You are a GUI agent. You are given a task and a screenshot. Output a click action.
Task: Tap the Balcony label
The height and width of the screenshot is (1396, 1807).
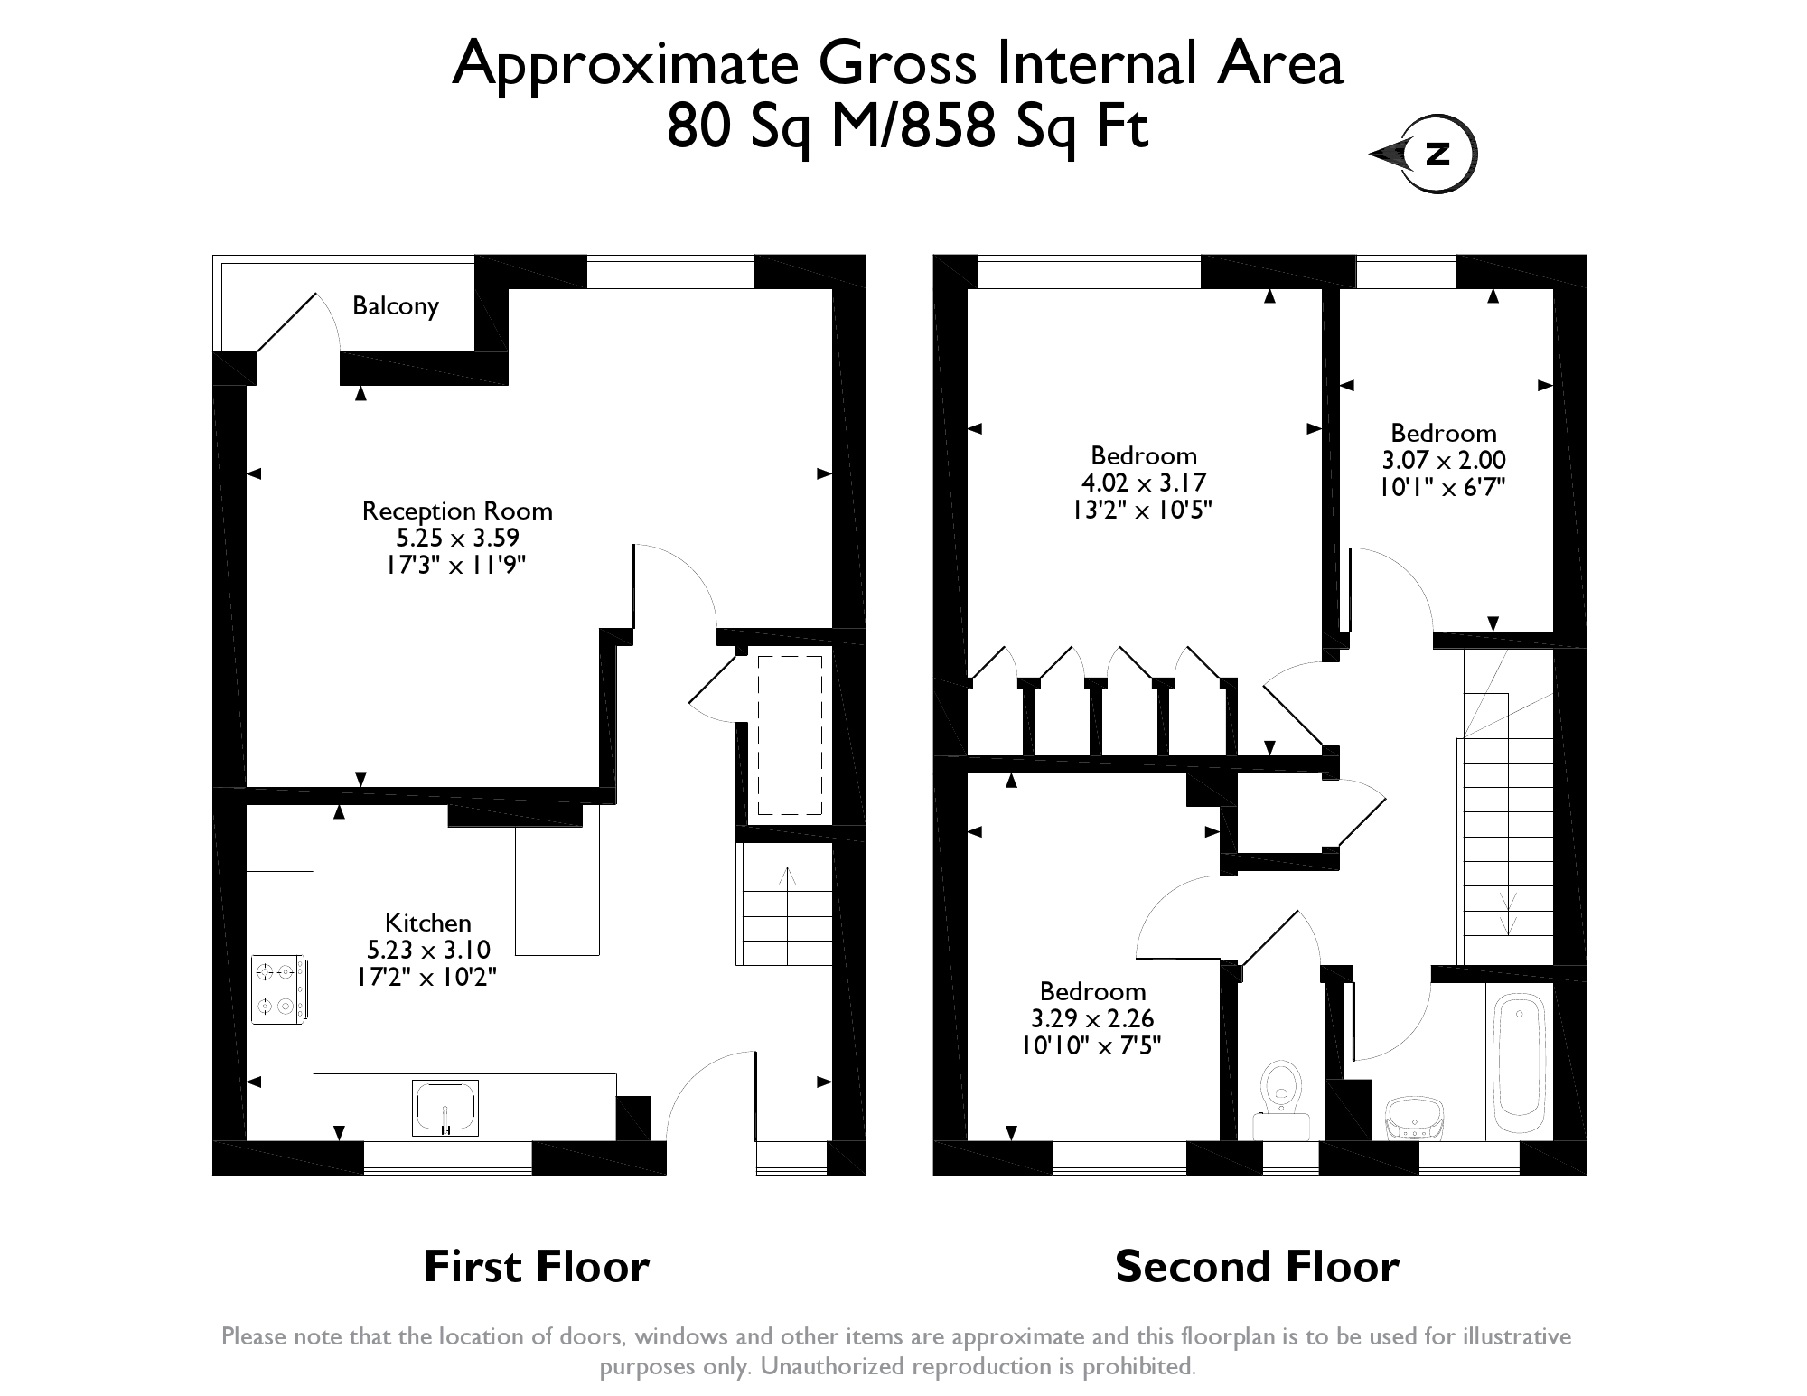(x=395, y=305)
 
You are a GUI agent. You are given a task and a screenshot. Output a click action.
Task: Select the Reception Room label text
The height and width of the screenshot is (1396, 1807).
(x=456, y=511)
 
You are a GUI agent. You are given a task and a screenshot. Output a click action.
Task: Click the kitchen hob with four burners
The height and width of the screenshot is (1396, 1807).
(x=277, y=989)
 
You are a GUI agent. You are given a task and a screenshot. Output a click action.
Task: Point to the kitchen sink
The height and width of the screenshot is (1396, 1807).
(x=445, y=1107)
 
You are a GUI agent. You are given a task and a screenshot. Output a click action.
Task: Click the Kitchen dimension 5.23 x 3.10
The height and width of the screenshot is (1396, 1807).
(x=428, y=950)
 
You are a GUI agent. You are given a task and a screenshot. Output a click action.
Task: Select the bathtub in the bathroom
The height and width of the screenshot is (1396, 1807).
(x=1520, y=1063)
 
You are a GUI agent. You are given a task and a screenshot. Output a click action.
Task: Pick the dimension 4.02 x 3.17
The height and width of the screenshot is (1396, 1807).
(x=1143, y=483)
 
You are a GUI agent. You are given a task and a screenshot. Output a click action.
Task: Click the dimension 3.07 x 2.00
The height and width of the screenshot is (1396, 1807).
(x=1443, y=460)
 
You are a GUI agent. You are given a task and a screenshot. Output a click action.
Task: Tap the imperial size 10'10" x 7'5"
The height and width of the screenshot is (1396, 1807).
(x=1091, y=1045)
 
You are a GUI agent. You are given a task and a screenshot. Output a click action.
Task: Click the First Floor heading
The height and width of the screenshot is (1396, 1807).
(x=536, y=1266)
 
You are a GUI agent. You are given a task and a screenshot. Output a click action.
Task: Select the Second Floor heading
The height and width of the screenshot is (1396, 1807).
(x=1256, y=1266)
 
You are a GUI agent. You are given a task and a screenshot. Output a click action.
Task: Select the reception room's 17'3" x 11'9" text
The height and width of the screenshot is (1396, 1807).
(x=456, y=566)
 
